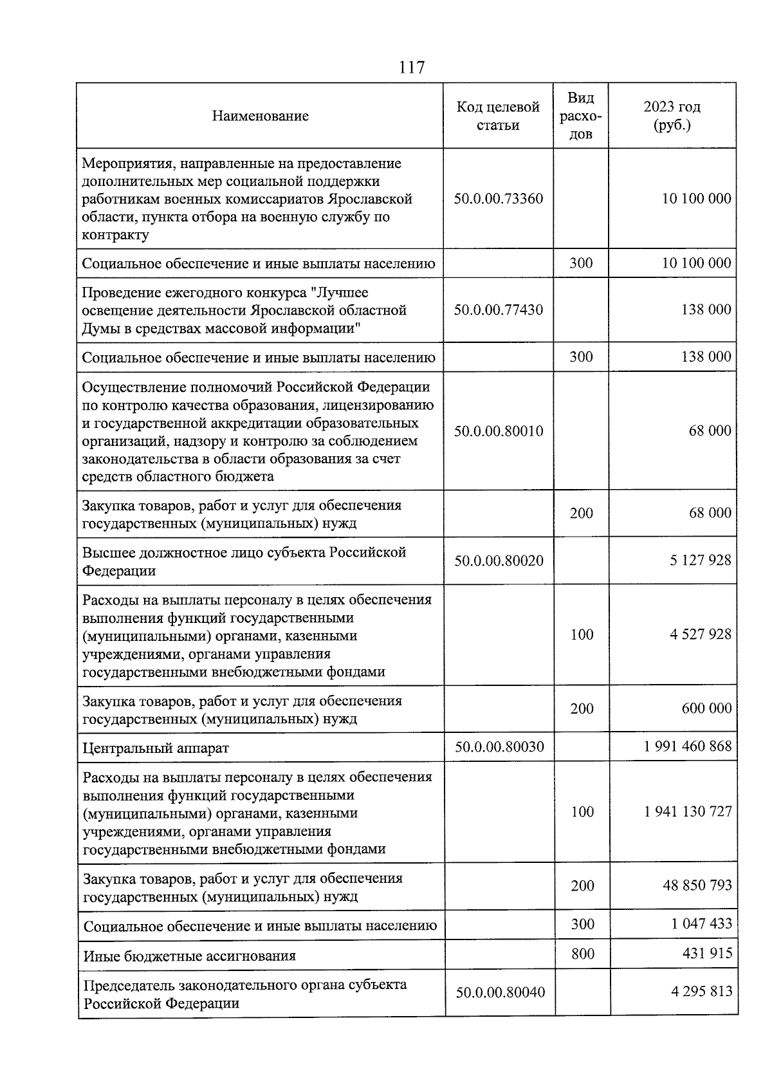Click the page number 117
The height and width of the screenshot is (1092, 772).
[x=412, y=67]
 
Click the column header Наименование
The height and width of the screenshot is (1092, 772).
[x=261, y=116]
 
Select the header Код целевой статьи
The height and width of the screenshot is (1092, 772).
[x=498, y=116]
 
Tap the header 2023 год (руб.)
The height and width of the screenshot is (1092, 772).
[x=672, y=116]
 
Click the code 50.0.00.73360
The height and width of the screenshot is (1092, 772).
[x=499, y=198]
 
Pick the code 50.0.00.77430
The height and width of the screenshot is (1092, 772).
[x=499, y=310]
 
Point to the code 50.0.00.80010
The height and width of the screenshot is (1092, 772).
[x=499, y=431]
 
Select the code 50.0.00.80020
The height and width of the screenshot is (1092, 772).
[x=499, y=560]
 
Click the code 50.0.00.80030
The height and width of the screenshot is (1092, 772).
[x=500, y=746]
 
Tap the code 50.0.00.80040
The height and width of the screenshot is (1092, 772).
[x=501, y=992]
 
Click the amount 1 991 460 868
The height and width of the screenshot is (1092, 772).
[x=688, y=746]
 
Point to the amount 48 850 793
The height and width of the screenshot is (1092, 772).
[x=697, y=885]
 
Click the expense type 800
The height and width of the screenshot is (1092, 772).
[x=583, y=954]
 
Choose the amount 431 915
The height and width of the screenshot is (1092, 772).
[x=707, y=953]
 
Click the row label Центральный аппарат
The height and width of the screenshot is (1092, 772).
[x=156, y=748]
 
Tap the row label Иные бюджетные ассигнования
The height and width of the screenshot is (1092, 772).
[x=190, y=956]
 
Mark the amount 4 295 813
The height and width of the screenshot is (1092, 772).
[x=701, y=992]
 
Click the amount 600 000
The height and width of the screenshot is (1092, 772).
[x=706, y=708]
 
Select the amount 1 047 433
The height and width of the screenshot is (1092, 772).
[x=701, y=924]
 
